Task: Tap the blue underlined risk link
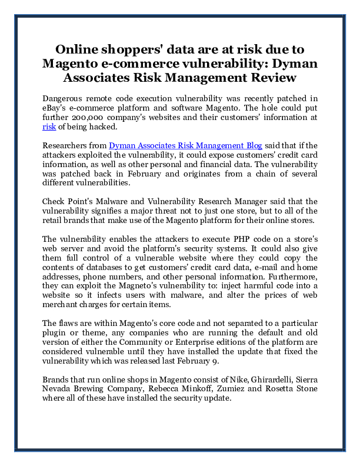pos(49,127)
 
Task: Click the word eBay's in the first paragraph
pos(57,108)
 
